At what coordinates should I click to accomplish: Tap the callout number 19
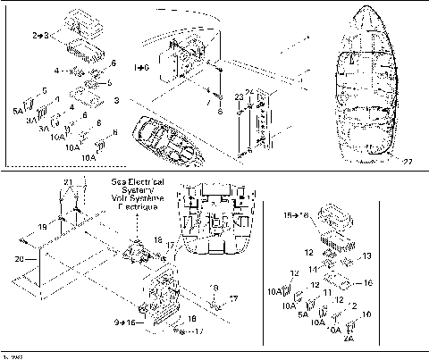click(x=43, y=229)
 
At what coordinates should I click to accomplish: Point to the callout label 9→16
click(x=124, y=321)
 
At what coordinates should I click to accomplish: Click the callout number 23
click(x=239, y=96)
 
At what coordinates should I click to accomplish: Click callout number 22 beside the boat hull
click(x=408, y=161)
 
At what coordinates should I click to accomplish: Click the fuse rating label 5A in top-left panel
click(x=19, y=111)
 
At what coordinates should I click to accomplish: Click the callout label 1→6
click(x=141, y=67)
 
